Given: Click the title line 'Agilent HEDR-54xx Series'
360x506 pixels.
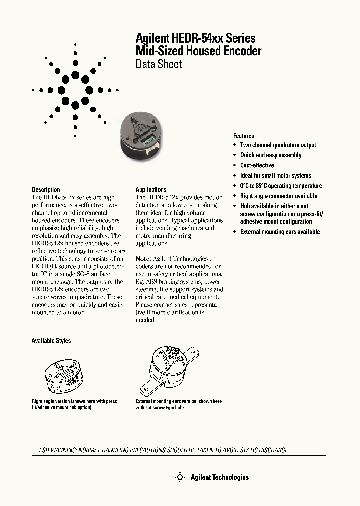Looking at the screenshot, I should pos(196,38).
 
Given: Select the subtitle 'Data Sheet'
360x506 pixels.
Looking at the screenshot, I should pos(159,64).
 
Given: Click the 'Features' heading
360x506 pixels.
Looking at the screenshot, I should pos(243,136).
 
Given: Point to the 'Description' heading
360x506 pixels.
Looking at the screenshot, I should pos(46,189).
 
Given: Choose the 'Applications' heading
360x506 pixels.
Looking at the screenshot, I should pos(151,189).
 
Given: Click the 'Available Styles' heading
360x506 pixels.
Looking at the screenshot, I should pos(51,341).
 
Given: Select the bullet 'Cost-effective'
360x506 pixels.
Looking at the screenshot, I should pos(257,165).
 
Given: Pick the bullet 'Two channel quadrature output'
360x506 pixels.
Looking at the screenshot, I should pos(278,145).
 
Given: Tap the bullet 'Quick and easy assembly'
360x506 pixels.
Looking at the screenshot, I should pos(271,155).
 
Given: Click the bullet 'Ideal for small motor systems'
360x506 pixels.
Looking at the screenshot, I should pos(275,176).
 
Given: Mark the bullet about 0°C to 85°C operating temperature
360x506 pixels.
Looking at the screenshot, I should pos(281,186).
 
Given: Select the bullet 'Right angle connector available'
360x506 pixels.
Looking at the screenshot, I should pos(279,196).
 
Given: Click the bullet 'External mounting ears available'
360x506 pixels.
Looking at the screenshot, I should pos(280,232).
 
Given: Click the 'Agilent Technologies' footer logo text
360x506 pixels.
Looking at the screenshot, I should pos(219,477).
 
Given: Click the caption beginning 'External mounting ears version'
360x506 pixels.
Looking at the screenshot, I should pos(179,401).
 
